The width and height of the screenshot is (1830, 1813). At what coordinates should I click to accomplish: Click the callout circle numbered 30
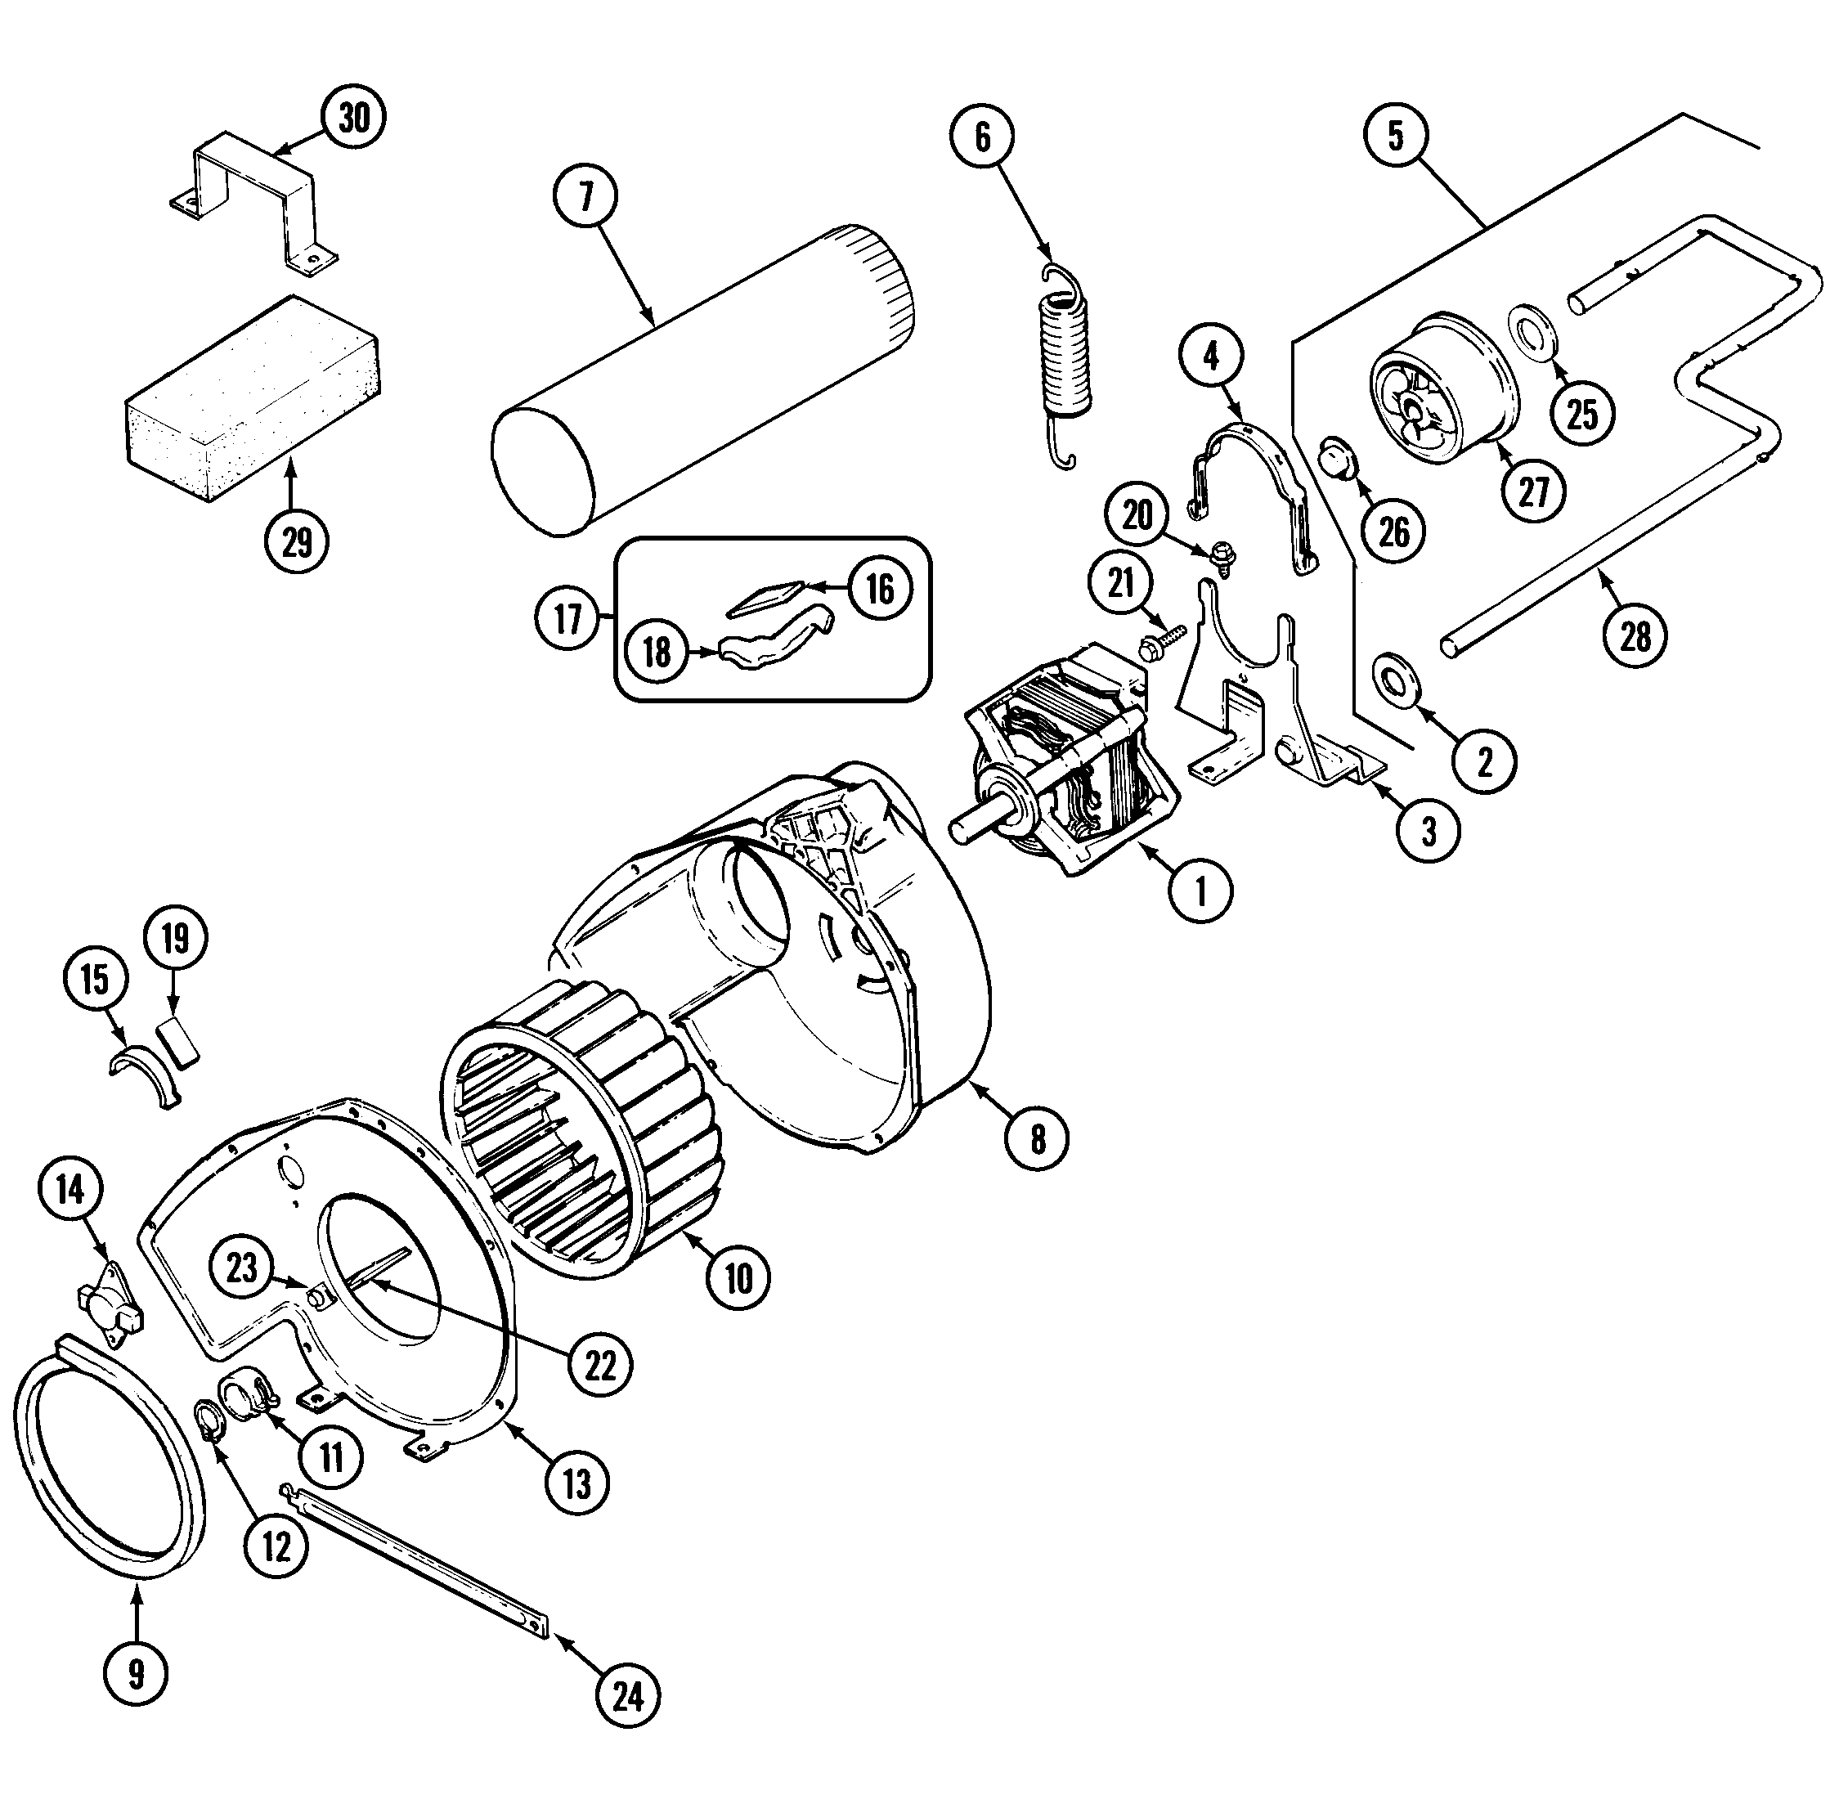(352, 119)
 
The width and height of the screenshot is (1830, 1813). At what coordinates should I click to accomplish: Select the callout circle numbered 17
(567, 620)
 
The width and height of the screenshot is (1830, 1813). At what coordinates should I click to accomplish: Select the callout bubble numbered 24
(627, 1697)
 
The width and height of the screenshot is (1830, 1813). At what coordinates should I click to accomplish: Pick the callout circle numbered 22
(600, 1365)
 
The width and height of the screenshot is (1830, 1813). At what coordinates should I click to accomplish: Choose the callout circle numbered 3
(1429, 831)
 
